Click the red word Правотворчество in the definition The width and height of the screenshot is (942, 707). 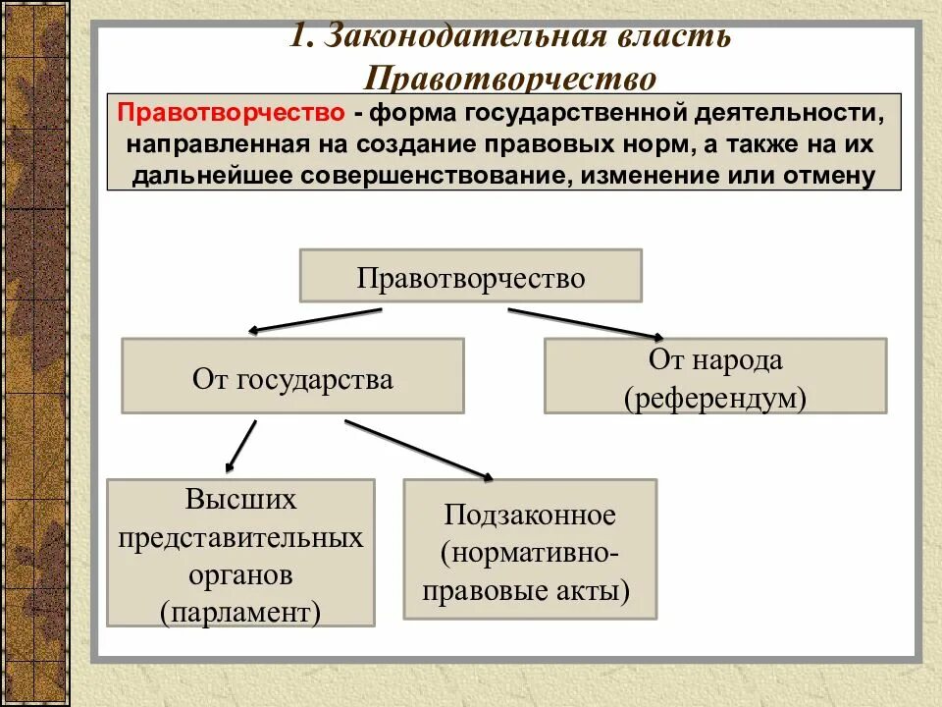coord(230,113)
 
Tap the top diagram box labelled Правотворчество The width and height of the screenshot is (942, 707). coord(470,276)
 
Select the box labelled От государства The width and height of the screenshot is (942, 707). coord(292,377)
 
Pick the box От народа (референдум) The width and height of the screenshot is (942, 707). coord(715,377)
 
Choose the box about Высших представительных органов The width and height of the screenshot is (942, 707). coord(240,554)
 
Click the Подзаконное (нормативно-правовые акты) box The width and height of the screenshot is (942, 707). coord(530,550)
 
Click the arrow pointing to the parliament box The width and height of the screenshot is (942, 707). coord(240,447)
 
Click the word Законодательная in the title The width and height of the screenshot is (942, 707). coord(450,36)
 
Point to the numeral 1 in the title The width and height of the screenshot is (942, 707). coord(299,36)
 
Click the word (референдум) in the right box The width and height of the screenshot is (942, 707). coord(714,398)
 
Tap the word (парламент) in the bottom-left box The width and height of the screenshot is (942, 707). coord(241,612)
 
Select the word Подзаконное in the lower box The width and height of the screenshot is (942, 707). coord(530,515)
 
